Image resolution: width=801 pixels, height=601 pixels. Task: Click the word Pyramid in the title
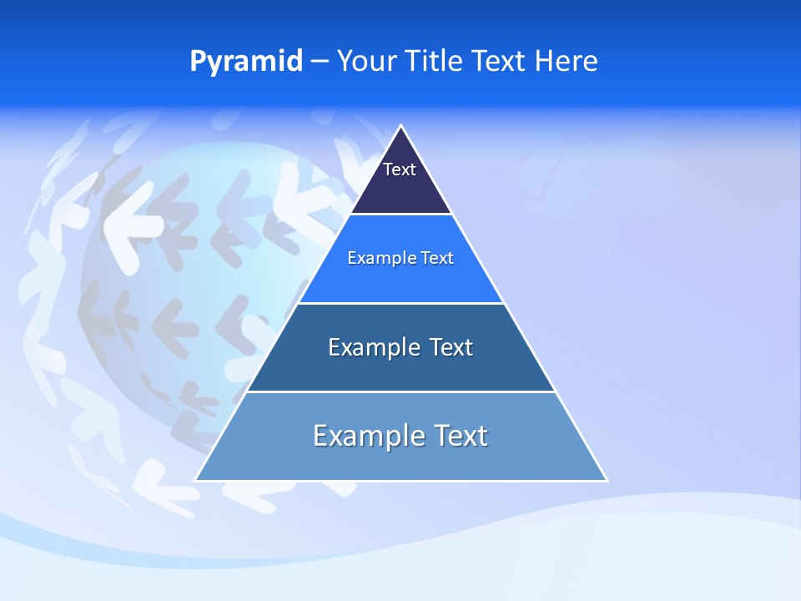point(246,62)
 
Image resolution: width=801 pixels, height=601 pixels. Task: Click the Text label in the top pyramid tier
point(399,169)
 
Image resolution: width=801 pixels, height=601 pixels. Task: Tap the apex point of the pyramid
point(401,126)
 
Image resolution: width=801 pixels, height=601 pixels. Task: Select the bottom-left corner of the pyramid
point(196,480)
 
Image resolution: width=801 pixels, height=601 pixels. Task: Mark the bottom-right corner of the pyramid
point(607,480)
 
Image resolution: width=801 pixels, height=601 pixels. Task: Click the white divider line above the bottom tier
point(400,391)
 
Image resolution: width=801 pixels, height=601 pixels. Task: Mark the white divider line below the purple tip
point(400,215)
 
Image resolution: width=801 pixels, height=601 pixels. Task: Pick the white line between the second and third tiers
point(400,303)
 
